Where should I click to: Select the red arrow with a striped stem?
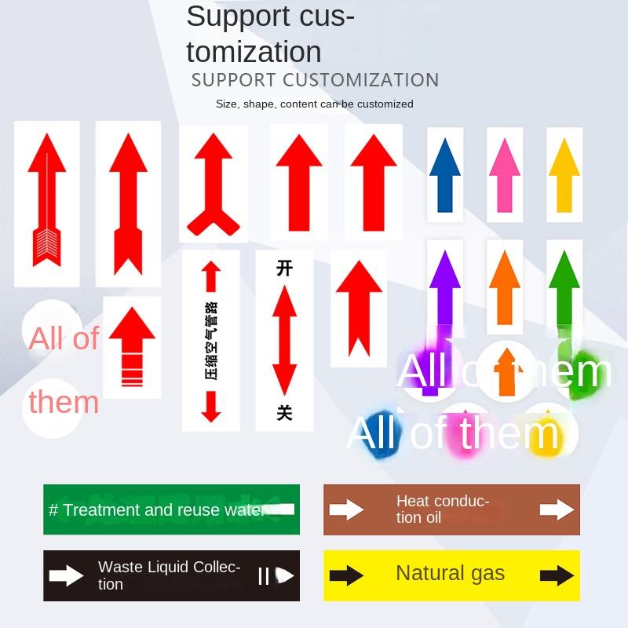coord(132,345)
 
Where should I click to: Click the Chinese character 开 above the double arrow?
coord(284,268)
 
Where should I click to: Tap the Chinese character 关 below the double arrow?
coord(284,412)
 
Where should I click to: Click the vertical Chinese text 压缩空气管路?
coord(210,341)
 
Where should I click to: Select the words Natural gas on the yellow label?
coord(451,573)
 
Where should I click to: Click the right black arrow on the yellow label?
coord(557,575)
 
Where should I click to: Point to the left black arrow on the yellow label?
coord(345,575)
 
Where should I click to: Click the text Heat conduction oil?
coord(442,509)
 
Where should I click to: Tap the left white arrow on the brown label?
coord(345,510)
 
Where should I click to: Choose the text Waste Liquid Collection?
coord(169,575)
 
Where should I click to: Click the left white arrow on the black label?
coord(66,575)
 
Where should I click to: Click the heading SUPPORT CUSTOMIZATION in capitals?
coord(315,80)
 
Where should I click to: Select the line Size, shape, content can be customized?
coord(314,104)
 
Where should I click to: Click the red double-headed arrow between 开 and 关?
coord(284,339)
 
